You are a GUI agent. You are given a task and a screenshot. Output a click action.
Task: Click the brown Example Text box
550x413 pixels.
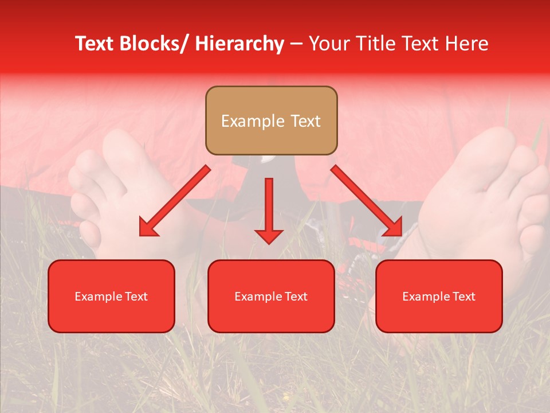click(271, 120)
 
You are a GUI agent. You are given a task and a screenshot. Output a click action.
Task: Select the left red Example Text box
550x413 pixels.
click(111, 297)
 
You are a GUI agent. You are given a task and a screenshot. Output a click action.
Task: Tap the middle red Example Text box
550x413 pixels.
click(271, 297)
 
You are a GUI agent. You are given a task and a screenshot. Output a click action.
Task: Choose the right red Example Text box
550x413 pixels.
click(439, 297)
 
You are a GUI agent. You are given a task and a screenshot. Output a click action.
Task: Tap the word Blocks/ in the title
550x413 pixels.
click(154, 44)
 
